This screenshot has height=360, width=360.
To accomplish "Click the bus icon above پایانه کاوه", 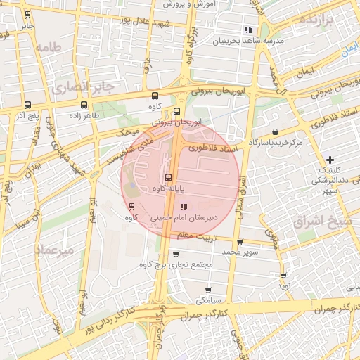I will tap(167, 177).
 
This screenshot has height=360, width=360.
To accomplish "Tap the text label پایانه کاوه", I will tap(169, 188).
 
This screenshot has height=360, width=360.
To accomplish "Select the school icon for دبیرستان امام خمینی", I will tap(184, 207).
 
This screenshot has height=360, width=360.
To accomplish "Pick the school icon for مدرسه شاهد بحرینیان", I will tap(247, 30).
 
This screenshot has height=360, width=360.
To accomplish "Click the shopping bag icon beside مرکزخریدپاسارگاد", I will tap(274, 131).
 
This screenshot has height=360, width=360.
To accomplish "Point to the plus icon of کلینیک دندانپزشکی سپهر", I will tap(330, 160).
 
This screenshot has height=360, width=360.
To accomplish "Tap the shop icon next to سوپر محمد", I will tap(240, 242).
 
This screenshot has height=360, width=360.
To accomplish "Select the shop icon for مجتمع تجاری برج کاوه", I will tap(175, 254).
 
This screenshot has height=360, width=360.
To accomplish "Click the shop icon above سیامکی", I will tap(208, 290).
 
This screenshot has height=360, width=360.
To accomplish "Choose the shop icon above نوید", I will tap(283, 276).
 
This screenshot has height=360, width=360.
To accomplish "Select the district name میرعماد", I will tap(53, 250).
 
